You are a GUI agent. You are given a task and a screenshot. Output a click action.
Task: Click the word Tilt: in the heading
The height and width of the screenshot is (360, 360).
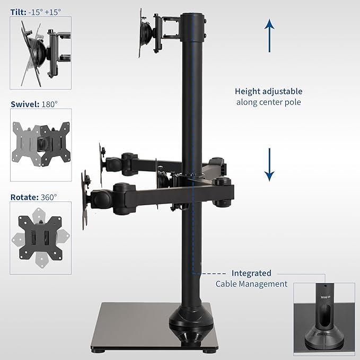19,12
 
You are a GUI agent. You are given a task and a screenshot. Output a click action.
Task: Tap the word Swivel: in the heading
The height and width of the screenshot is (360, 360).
25,104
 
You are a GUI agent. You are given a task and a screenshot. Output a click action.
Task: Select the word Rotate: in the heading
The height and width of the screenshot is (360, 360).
24,197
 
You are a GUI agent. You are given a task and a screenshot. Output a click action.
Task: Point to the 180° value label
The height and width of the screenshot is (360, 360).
49,104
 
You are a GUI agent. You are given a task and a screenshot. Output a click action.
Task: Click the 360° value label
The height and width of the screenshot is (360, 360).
49,197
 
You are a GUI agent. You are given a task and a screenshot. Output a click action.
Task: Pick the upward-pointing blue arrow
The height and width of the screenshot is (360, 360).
269,36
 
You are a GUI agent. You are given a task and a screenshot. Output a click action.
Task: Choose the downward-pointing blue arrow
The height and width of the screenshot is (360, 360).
269,164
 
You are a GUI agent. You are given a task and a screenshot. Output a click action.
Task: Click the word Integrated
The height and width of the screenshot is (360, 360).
251,273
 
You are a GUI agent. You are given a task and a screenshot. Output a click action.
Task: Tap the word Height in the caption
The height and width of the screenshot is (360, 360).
247,91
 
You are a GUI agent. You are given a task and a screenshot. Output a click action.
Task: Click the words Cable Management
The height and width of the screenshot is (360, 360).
251,284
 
